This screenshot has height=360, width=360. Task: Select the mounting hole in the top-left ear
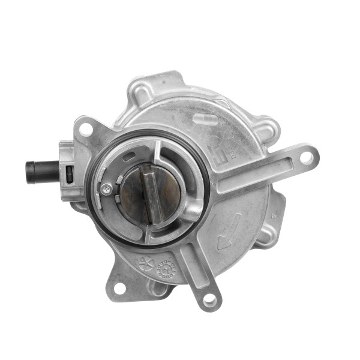86,128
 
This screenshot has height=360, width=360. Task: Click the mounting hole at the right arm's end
307,158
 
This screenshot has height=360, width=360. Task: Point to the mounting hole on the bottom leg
209,298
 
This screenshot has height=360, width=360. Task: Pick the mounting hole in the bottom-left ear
119,288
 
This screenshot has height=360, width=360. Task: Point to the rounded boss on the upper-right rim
267,127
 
